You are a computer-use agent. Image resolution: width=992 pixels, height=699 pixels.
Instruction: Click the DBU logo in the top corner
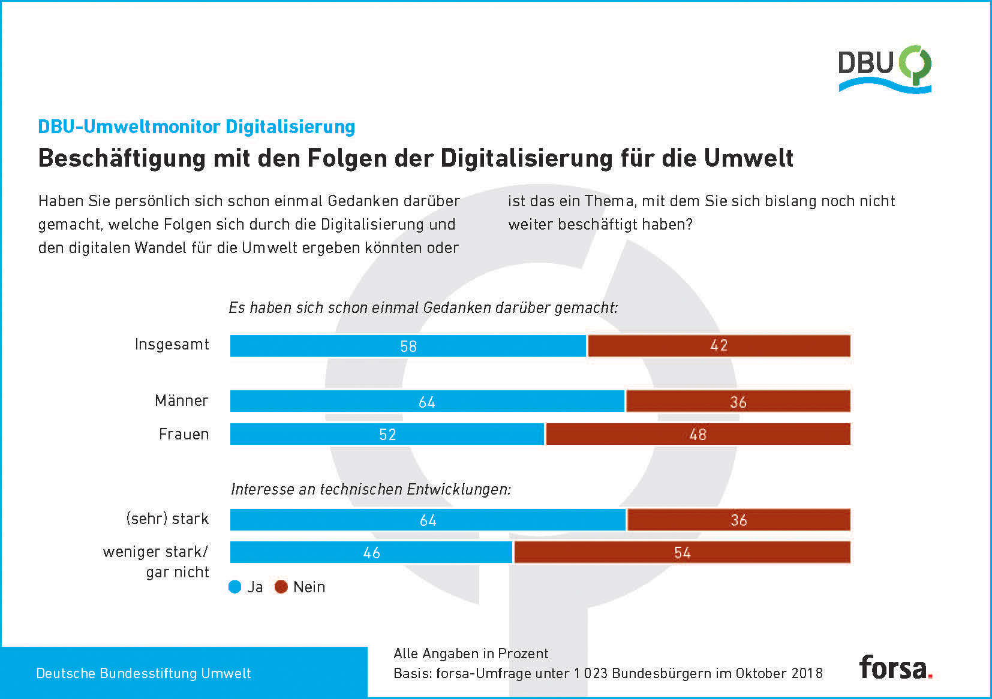884,68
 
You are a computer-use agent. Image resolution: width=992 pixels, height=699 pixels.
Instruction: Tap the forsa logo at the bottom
895,667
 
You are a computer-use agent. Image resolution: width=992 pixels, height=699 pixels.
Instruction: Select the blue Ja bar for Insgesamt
408,346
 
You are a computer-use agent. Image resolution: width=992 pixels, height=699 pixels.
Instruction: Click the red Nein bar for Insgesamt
719,346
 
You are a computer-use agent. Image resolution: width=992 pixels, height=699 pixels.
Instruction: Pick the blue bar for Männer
427,401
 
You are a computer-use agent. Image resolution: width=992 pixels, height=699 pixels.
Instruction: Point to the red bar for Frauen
698,434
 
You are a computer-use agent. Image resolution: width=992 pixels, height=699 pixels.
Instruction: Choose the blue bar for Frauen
387,434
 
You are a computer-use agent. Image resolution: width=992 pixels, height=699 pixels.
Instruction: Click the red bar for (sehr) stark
738,520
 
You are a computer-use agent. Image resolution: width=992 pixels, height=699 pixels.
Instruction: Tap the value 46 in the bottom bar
372,553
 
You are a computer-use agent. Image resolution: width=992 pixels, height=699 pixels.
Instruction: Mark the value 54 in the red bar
683,553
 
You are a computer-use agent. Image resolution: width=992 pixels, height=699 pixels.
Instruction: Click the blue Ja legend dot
235,587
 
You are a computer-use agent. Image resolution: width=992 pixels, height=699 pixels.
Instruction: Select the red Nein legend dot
281,587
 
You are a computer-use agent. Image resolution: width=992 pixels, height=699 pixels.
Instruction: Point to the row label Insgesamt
172,345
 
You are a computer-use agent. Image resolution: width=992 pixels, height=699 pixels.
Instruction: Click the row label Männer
182,400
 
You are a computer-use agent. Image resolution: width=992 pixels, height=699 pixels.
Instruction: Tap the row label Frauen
184,434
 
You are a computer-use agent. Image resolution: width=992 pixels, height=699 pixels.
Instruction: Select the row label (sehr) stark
167,519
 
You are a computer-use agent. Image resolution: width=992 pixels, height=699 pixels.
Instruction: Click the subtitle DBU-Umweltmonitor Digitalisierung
197,126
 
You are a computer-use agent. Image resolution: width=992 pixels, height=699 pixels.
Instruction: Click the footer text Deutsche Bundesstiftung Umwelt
144,673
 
